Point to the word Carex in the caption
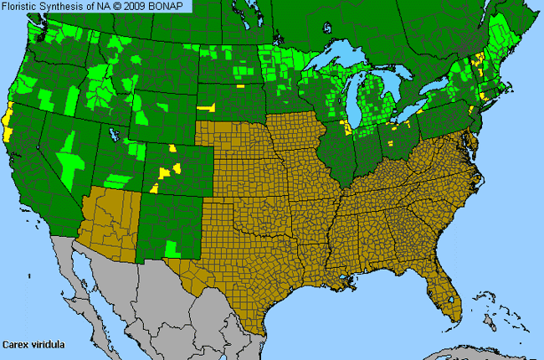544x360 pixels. coord(15,344)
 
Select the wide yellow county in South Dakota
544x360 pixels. coord(205,107)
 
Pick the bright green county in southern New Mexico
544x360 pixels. coord(172,248)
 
